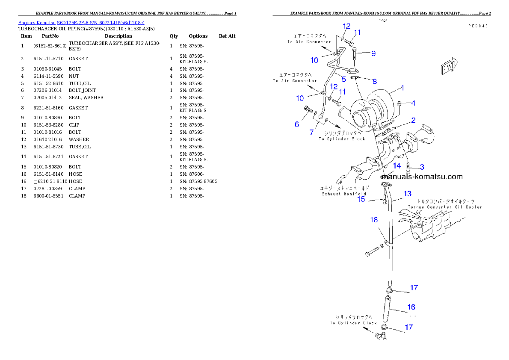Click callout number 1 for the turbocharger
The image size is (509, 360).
pyautogui.click(x=402, y=88)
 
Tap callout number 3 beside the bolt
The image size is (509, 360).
pyautogui.click(x=422, y=167)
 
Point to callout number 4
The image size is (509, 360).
pyautogui.click(x=413, y=103)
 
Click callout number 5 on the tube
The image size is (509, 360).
pyautogui.click(x=343, y=79)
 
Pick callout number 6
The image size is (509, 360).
pyautogui.click(x=297, y=124)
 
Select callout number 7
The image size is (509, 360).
pyautogui.click(x=311, y=132)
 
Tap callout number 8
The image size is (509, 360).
pyautogui.click(x=375, y=81)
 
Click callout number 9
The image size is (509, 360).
pyautogui.click(x=373, y=53)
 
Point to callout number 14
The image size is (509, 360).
pyautogui.click(x=397, y=165)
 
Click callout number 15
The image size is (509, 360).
pyautogui.click(x=361, y=198)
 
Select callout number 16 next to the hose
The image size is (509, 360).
pyautogui.click(x=411, y=307)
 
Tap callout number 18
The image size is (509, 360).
pyautogui.click(x=374, y=220)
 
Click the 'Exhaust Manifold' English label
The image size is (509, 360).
pyautogui.click(x=343, y=194)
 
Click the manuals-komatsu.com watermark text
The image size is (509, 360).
pyautogui.click(x=422, y=176)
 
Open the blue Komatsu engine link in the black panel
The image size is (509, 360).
pyautogui.click(x=81, y=22)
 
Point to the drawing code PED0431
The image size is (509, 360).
pyautogui.click(x=479, y=26)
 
